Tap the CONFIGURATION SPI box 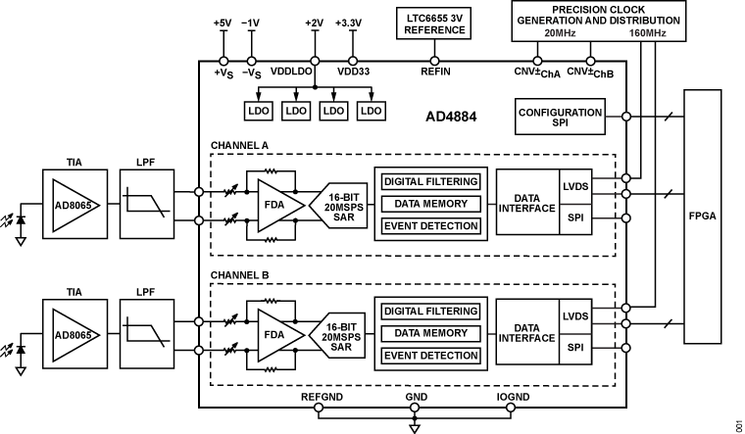[x=560, y=119]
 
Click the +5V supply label [x=223, y=24]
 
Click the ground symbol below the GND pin [x=415, y=427]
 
